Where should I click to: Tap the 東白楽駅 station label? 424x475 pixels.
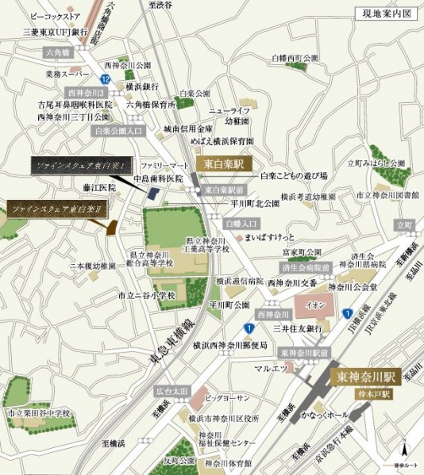pyautogui.click(x=225, y=163)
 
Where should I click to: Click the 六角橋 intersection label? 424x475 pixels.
pyautogui.click(x=59, y=52)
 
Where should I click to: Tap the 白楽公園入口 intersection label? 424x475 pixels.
pyautogui.click(x=118, y=130)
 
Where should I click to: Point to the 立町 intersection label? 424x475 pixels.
pyautogui.click(x=404, y=226)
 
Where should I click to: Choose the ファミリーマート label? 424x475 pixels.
pyautogui.click(x=164, y=164)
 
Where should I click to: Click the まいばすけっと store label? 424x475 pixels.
pyautogui.click(x=270, y=237)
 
